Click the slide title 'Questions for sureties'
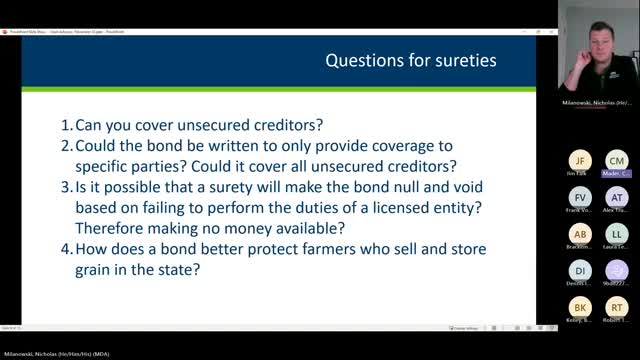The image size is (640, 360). click(x=410, y=61)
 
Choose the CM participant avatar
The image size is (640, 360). click(x=617, y=161)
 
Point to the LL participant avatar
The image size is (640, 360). click(x=617, y=235)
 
